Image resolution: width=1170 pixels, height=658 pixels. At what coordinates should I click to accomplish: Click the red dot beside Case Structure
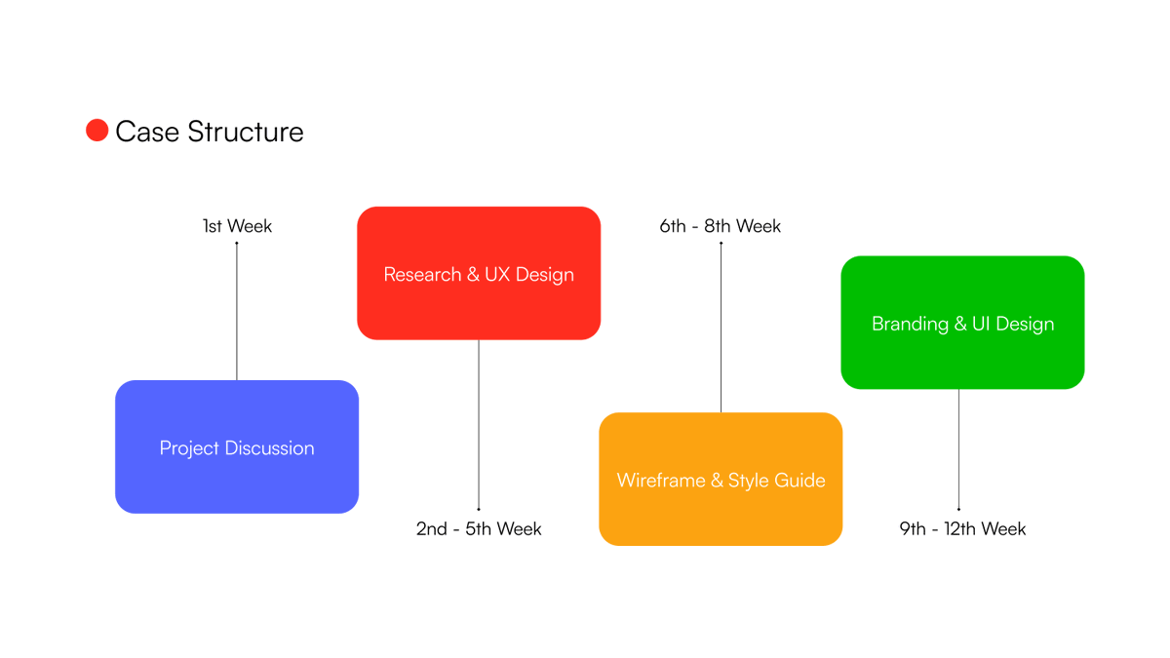97,131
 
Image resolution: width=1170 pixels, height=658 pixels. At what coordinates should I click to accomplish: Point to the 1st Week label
237,226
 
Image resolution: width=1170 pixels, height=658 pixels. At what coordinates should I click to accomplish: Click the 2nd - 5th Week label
479,529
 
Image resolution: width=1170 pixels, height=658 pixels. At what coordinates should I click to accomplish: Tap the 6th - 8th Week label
721,226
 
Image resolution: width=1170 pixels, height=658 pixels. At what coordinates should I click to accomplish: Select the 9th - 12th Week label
962,529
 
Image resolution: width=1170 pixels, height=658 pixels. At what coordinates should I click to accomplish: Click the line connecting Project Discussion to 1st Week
237,312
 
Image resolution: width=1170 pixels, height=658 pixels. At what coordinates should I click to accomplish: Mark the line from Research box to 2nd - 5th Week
479,424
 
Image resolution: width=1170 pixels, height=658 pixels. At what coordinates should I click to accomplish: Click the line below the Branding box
958,448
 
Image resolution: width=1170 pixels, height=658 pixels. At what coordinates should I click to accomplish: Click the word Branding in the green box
910,325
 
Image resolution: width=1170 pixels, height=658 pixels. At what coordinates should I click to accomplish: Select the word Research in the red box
422,275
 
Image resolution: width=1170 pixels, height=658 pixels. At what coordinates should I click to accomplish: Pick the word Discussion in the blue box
270,448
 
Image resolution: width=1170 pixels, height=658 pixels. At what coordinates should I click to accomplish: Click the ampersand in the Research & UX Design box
474,275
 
